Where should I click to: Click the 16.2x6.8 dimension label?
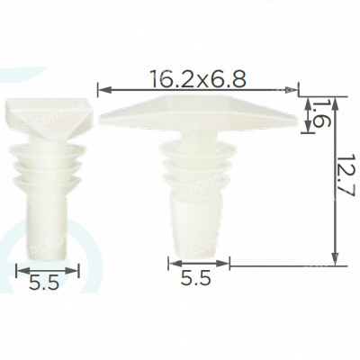[x=199, y=78]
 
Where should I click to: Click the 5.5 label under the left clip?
[x=44, y=283]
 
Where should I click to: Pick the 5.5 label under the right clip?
[x=196, y=277]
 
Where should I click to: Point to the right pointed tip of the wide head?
[x=298, y=120]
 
